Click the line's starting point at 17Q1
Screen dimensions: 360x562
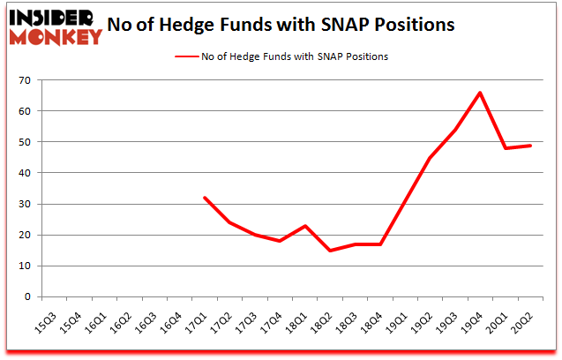[x=205, y=198]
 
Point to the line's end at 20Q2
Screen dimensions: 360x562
[x=528, y=146]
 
